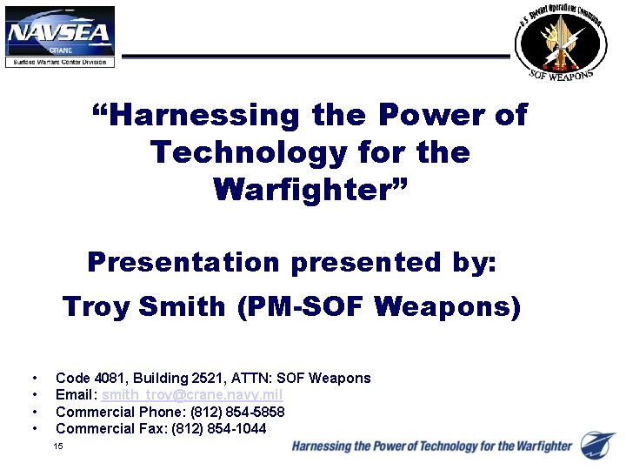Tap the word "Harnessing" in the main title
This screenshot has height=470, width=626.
point(201,115)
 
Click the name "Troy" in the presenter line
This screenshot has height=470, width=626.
point(97,306)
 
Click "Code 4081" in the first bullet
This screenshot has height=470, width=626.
point(85,378)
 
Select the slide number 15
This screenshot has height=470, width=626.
point(58,446)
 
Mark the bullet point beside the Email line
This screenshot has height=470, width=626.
point(34,395)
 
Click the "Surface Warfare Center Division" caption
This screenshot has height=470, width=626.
point(60,62)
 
